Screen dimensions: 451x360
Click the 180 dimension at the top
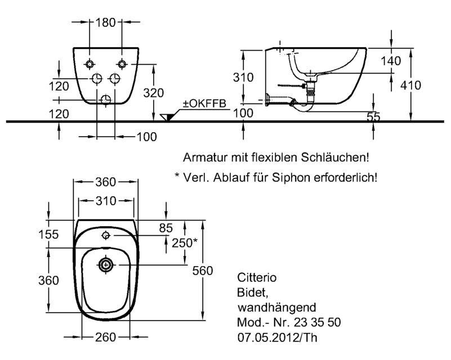tap(105, 22)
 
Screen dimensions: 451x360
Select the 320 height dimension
tap(154, 93)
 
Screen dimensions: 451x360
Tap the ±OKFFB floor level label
tap(205, 103)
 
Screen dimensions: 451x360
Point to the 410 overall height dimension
tap(410, 85)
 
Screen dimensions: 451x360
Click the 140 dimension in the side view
tap(391, 61)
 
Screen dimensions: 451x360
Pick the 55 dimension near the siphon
tap(374, 116)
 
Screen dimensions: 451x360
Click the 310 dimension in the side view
tap(243, 77)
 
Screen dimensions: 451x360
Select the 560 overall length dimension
tap(203, 271)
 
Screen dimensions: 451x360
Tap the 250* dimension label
tap(185, 243)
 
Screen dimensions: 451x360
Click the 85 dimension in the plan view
tap(166, 228)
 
